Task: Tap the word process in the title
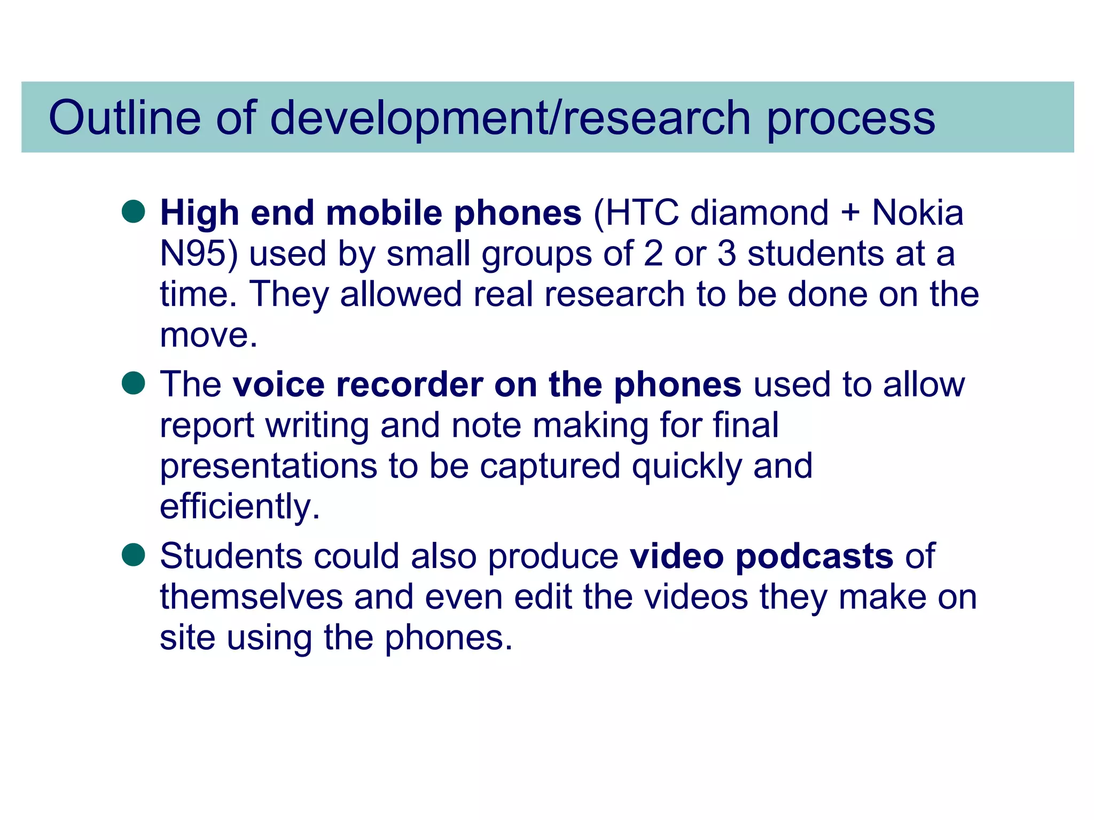pos(851,119)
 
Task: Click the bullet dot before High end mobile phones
pos(134,211)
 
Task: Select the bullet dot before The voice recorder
pos(134,383)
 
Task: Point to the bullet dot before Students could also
pos(134,555)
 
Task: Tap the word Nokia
pos(917,213)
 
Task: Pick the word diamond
pos(759,213)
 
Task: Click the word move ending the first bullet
pos(208,336)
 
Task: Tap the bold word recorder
pos(409,384)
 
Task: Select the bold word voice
pos(278,384)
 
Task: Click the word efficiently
pos(239,507)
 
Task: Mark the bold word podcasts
pos(814,557)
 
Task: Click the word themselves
pos(251,597)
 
